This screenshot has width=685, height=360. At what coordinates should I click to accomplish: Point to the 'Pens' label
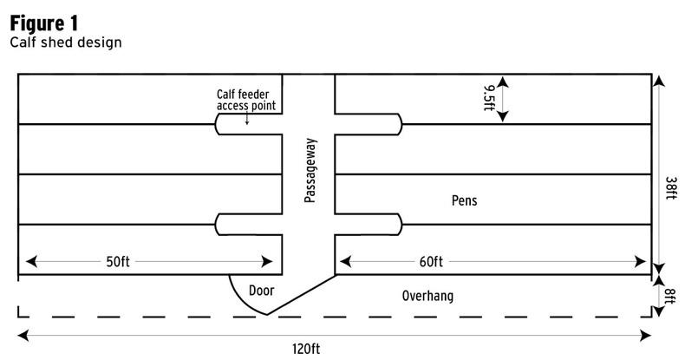464,200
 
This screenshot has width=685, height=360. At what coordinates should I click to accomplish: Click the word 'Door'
261,291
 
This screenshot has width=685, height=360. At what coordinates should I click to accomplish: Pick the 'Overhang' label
427,296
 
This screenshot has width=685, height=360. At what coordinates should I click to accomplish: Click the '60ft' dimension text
431,261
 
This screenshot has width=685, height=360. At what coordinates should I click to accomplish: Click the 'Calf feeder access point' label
246,101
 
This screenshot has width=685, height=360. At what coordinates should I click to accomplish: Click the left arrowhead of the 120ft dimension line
23,335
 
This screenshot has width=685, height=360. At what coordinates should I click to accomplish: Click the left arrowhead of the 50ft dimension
31,261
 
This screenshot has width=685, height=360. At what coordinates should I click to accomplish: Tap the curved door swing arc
239,299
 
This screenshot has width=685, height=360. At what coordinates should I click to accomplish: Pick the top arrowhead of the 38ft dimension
659,82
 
